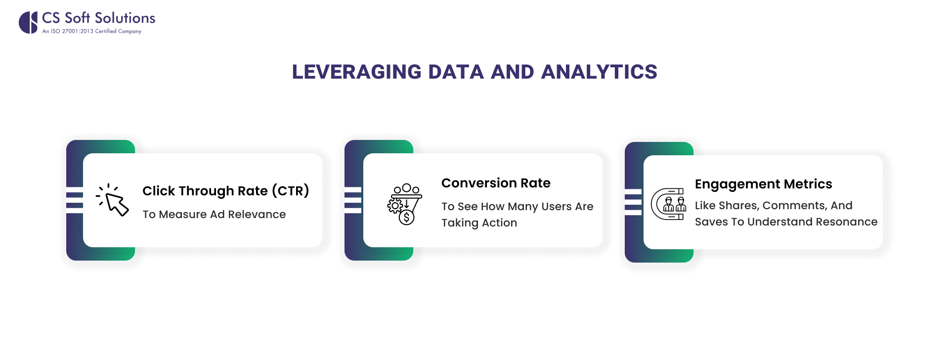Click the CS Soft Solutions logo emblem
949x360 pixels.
(28, 22)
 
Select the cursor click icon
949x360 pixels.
(113, 200)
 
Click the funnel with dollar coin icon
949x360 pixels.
(405, 204)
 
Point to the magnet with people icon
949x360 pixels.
(668, 204)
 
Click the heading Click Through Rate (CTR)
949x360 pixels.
(225, 191)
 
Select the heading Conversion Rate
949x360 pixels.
(496, 183)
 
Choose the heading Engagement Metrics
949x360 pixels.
(763, 184)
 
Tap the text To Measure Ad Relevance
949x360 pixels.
(214, 214)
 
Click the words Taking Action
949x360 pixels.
(479, 223)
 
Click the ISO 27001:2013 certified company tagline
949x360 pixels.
(92, 31)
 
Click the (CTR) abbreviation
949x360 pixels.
(291, 191)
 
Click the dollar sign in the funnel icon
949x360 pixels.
(406, 217)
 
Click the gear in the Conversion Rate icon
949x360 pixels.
(394, 205)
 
